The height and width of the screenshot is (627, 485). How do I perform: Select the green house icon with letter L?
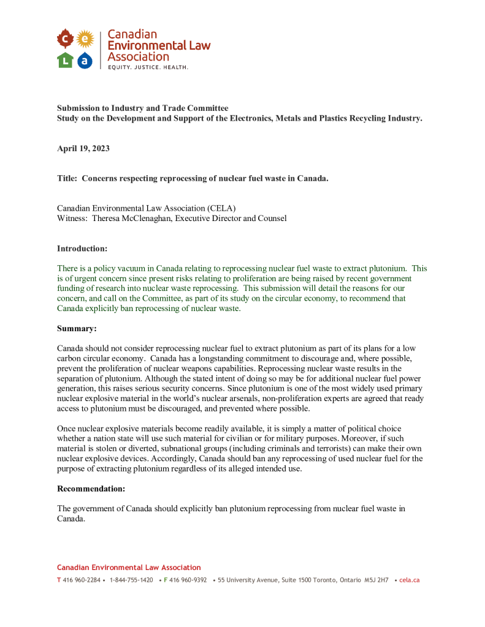66,60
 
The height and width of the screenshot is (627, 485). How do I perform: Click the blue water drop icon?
85,60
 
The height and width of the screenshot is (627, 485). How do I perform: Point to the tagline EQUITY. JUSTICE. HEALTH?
148,67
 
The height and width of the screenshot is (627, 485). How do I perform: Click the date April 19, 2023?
83,149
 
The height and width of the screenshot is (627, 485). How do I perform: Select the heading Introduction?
82,248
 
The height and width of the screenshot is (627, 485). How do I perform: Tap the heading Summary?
77,328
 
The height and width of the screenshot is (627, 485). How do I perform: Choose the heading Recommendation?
91,489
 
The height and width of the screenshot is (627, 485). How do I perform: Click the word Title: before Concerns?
67,178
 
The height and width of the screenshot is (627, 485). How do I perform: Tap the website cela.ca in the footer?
409,580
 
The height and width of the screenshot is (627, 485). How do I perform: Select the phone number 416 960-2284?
82,580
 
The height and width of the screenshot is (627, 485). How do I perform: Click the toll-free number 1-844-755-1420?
131,580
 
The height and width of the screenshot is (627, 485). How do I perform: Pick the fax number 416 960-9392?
188,580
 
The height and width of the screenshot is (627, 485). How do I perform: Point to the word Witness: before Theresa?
72,218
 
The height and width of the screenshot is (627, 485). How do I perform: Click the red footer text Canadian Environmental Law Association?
129,568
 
